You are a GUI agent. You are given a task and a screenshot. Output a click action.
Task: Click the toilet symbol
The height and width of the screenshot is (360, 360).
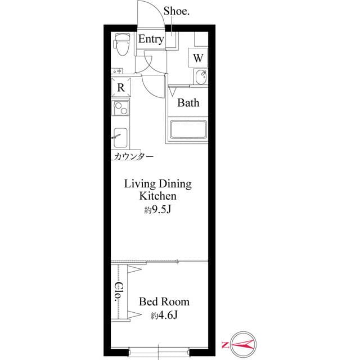pos(121,44)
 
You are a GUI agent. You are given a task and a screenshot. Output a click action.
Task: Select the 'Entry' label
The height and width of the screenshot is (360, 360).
pos(151,39)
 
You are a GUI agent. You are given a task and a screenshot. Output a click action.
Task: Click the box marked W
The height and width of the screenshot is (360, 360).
pos(198,58)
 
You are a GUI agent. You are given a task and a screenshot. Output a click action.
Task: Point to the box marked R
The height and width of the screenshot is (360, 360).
pos(121,88)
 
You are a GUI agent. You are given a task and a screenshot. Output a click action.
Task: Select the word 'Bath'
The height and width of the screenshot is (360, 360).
pos(188,103)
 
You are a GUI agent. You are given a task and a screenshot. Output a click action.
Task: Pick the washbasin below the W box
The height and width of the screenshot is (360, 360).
pos(200,77)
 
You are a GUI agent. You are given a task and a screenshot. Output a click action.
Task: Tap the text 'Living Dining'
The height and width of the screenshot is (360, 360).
pos(158,184)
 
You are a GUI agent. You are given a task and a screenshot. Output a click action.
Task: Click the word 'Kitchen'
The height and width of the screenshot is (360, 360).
pos(158,196)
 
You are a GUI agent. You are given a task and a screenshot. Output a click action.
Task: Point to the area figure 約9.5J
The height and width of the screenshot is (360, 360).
pos(158,210)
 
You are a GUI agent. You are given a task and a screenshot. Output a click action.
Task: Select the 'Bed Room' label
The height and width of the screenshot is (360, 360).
pos(164,302)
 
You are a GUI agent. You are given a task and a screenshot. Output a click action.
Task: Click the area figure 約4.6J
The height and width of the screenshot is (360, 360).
pos(164,316)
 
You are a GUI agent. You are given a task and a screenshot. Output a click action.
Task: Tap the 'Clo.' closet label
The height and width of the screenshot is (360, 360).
pos(119,292)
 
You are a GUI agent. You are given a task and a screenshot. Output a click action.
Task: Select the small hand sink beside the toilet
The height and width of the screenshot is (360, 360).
pos(119,71)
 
